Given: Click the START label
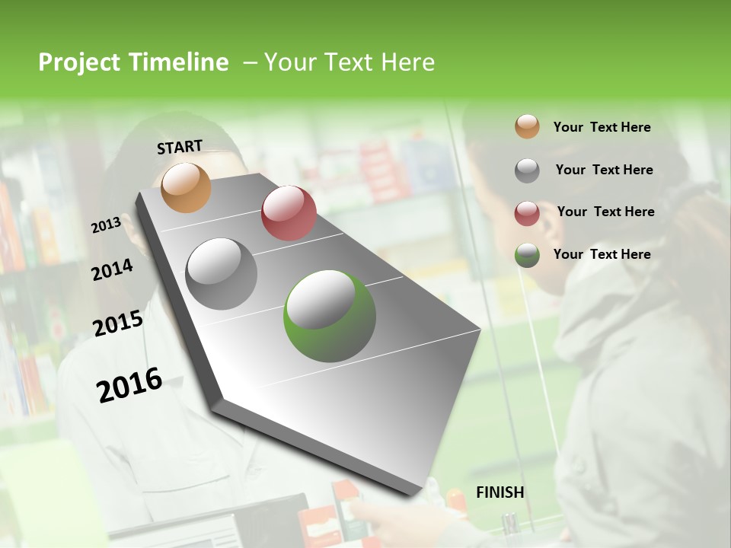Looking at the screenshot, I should pyautogui.click(x=180, y=147).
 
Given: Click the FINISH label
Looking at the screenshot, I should pyautogui.click(x=500, y=492).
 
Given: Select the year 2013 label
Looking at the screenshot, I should pyautogui.click(x=106, y=225).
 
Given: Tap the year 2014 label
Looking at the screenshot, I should pyautogui.click(x=112, y=269).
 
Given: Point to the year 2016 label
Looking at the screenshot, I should pyautogui.click(x=129, y=384).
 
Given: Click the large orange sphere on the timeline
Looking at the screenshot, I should pyautogui.click(x=186, y=187).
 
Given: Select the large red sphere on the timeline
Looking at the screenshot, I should pyautogui.click(x=289, y=213).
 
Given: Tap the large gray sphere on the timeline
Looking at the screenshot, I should pyautogui.click(x=222, y=274).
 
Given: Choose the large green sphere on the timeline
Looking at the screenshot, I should pyautogui.click(x=330, y=316).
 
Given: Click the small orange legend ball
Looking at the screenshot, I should pyautogui.click(x=527, y=127).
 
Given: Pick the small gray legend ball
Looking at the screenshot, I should pyautogui.click(x=527, y=170).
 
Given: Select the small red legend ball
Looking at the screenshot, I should pyautogui.click(x=527, y=213).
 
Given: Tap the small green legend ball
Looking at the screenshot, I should pyautogui.click(x=527, y=255).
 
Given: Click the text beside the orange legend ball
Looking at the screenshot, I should pyautogui.click(x=602, y=128).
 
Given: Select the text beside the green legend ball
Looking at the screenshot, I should pyautogui.click(x=602, y=254).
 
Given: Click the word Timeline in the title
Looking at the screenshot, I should pyautogui.click(x=179, y=62).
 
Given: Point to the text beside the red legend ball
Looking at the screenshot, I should pyautogui.click(x=605, y=212).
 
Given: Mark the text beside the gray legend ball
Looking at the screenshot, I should pyautogui.click(x=604, y=170).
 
